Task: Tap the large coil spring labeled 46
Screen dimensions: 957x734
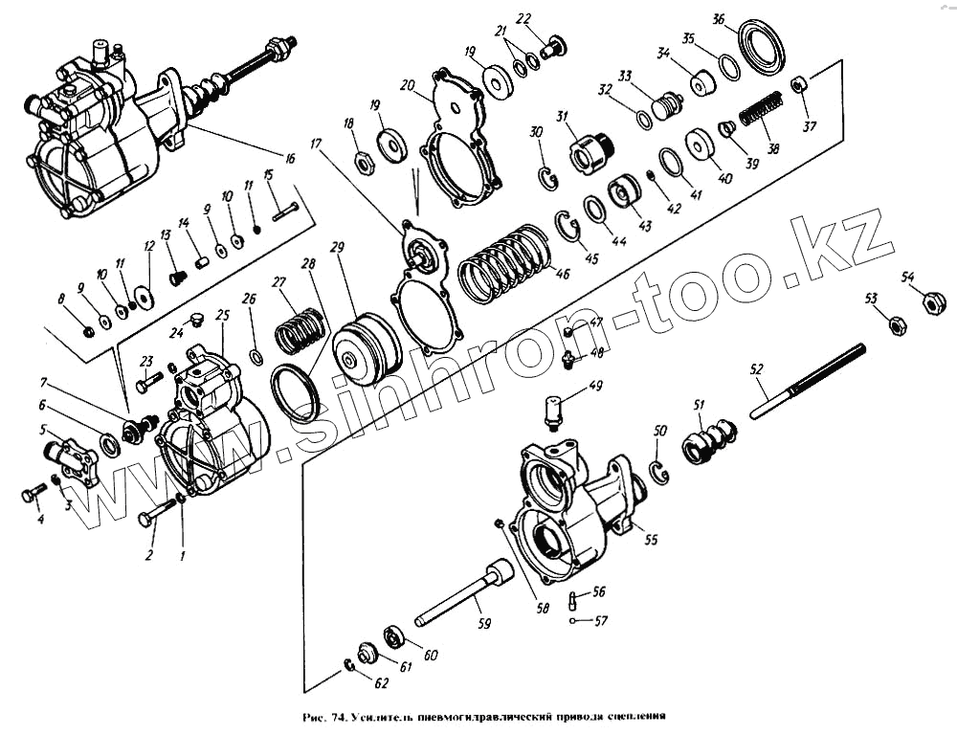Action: coord(505,263)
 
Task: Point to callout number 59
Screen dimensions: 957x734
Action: coord(484,624)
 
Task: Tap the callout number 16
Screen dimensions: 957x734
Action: coord(288,157)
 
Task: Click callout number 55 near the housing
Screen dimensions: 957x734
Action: coord(651,540)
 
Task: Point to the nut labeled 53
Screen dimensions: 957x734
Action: coord(900,324)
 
